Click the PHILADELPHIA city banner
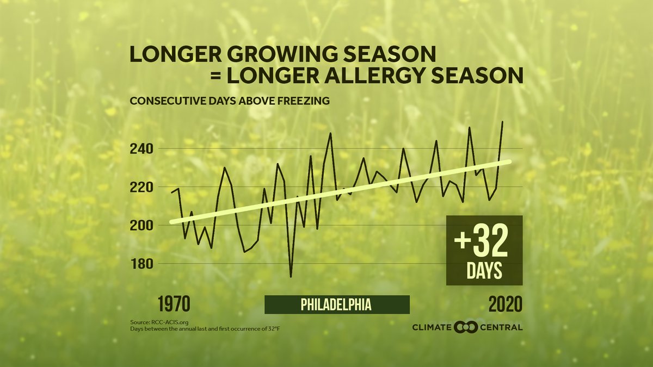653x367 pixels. point(336,304)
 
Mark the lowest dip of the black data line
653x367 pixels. point(291,277)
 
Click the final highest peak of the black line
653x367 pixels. point(502,122)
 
